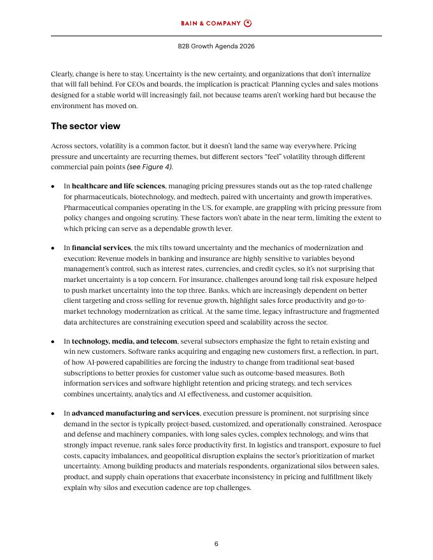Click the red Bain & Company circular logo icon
pos(248,24)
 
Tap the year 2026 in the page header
pos(246,46)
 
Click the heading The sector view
pos(85,126)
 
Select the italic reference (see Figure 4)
pos(150,167)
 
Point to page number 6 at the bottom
pos(216,543)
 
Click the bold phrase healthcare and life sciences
pos(118,186)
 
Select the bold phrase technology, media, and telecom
pos(124,341)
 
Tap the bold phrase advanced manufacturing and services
pos(136,413)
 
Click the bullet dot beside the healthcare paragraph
pos(53,187)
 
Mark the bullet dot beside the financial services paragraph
pos(53,248)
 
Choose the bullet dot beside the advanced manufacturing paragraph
pos(53,414)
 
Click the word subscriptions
pos(87,372)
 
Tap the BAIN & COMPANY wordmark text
pos(211,24)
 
